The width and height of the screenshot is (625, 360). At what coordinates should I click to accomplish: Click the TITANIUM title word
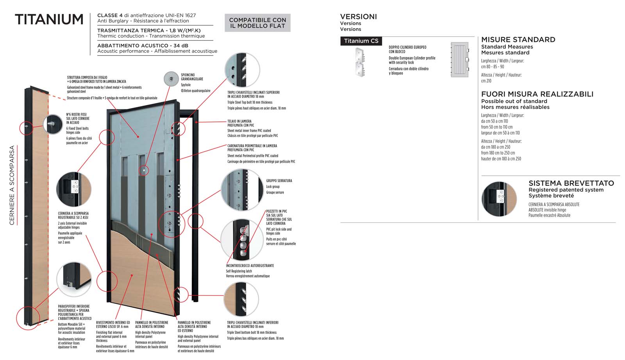[49, 20]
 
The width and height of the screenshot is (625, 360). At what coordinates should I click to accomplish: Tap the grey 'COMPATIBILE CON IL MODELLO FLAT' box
[257, 23]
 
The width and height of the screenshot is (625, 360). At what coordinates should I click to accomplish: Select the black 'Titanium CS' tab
[361, 41]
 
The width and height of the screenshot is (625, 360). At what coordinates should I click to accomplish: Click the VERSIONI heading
[358, 17]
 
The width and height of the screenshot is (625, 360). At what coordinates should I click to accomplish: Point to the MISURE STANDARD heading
[518, 40]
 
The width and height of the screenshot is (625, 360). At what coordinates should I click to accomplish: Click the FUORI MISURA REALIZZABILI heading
[537, 94]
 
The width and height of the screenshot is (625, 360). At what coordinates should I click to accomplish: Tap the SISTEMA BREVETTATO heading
[571, 183]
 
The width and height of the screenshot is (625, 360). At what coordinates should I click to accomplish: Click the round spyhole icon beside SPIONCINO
[171, 79]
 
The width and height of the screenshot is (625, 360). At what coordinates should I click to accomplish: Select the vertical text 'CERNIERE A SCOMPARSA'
[12, 185]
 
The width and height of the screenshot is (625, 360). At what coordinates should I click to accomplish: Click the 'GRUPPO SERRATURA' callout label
[279, 181]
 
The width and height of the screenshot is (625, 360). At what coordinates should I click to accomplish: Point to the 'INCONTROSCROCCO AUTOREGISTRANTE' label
[250, 266]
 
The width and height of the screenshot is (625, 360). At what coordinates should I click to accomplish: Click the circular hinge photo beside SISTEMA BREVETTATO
[499, 199]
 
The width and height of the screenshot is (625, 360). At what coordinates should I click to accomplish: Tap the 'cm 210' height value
[486, 81]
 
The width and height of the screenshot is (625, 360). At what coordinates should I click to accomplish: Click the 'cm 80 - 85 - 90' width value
[492, 67]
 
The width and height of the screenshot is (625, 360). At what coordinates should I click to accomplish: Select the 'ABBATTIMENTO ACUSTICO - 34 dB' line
[143, 46]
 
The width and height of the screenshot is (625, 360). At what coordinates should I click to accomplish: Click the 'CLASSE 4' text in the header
[107, 15]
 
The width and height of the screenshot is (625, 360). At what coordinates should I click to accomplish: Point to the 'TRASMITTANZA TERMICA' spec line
[130, 30]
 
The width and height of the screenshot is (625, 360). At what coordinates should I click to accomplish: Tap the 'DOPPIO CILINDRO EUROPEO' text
[407, 47]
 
